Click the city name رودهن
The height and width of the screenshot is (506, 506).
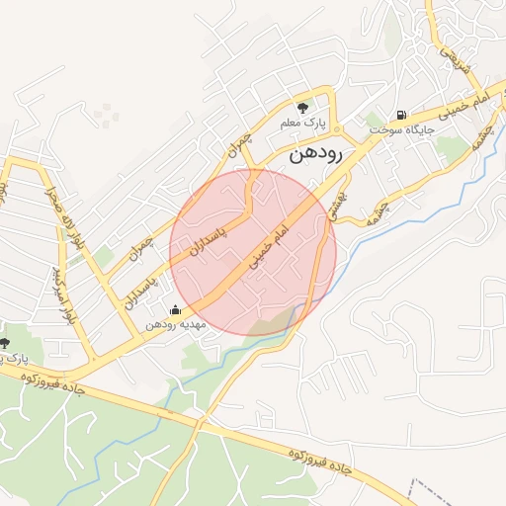315,156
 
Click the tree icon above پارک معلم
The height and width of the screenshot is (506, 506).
303,106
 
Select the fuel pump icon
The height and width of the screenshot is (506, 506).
400,115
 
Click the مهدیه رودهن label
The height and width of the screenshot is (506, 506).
175,324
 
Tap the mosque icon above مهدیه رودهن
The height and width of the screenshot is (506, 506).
176,310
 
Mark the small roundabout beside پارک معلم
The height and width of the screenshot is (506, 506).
336,129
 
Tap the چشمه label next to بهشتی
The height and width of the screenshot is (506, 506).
375,209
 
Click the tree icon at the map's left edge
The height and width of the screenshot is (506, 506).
5,343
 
